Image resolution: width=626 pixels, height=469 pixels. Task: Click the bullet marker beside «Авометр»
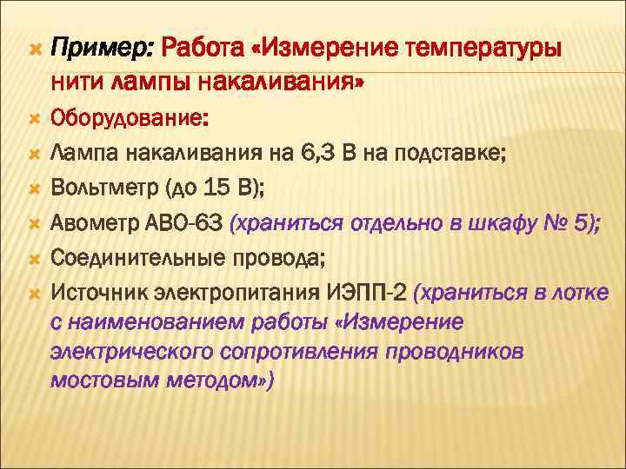(x=34, y=223)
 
